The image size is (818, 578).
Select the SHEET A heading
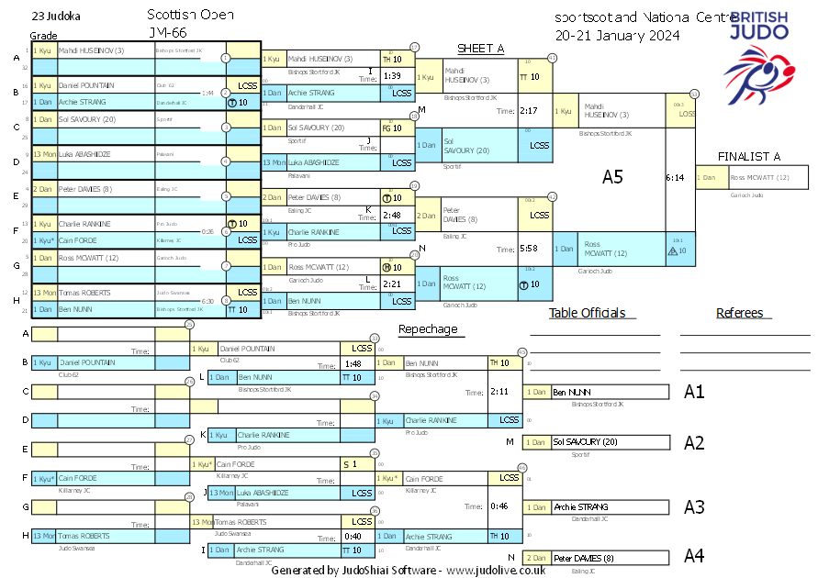coord(481,49)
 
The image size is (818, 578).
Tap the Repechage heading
coord(427,329)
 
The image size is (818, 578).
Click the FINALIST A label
coord(749,157)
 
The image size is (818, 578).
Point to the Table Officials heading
coord(587,313)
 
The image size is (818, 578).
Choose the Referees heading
coord(739,313)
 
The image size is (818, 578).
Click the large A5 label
coord(612,177)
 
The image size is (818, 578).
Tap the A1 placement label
coord(694,392)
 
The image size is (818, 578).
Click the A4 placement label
coord(694,556)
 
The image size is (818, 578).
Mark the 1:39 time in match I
coord(392,76)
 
